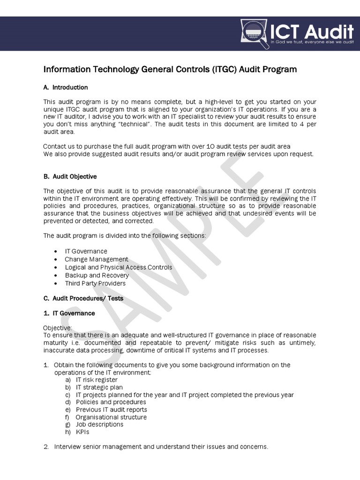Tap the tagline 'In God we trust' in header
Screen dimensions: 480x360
[x=312, y=42]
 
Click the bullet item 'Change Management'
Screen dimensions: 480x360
[x=96, y=259]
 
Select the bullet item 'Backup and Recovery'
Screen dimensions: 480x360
[x=97, y=275]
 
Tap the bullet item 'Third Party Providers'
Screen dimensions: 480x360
[x=95, y=283]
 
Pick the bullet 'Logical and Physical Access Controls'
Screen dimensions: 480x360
[x=118, y=267]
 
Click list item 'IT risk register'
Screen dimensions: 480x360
[x=97, y=380]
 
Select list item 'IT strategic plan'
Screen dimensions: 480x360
[x=99, y=387]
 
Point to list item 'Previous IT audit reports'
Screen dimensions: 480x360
[x=111, y=409]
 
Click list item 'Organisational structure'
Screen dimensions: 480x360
[x=111, y=417]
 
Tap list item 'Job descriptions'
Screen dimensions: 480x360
[x=99, y=424]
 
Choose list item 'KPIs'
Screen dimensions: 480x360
[x=82, y=432]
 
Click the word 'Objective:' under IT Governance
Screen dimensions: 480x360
[x=58, y=328]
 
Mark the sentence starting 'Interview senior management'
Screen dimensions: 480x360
[x=161, y=447]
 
